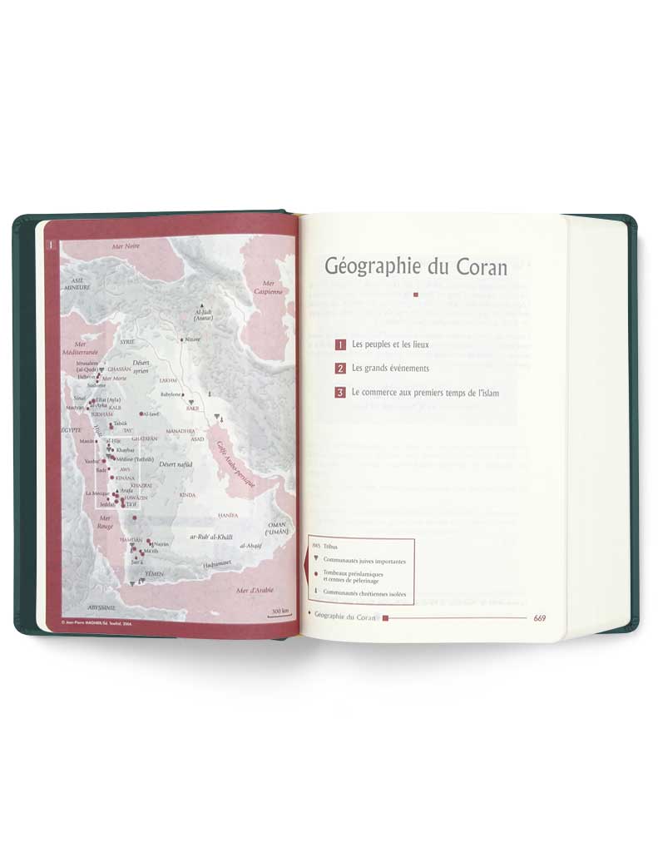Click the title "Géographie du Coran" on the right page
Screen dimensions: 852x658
pos(416,267)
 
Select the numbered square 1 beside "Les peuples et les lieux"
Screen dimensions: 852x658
pos(340,344)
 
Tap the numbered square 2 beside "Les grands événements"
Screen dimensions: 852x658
pos(340,368)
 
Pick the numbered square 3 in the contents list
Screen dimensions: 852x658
pos(340,393)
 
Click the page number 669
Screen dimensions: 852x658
pos(539,617)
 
